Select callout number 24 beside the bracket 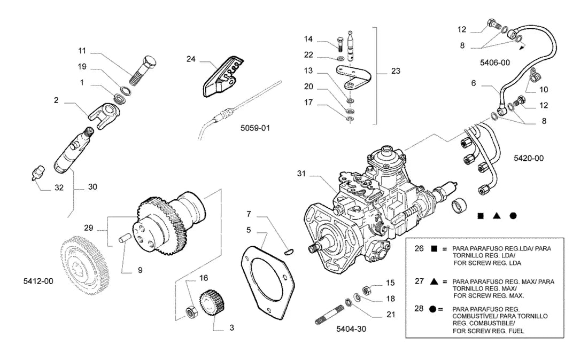191,59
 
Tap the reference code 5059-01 255,128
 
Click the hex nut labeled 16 190,312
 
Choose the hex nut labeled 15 367,289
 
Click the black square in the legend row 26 434,248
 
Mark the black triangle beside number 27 434,281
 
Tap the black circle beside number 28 433,309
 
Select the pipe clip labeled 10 533,75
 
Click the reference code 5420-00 528,159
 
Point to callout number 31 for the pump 301,174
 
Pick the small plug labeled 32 38,173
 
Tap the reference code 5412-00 38,281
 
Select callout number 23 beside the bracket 396,71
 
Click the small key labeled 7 289,252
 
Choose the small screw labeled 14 340,44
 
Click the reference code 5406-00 494,62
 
